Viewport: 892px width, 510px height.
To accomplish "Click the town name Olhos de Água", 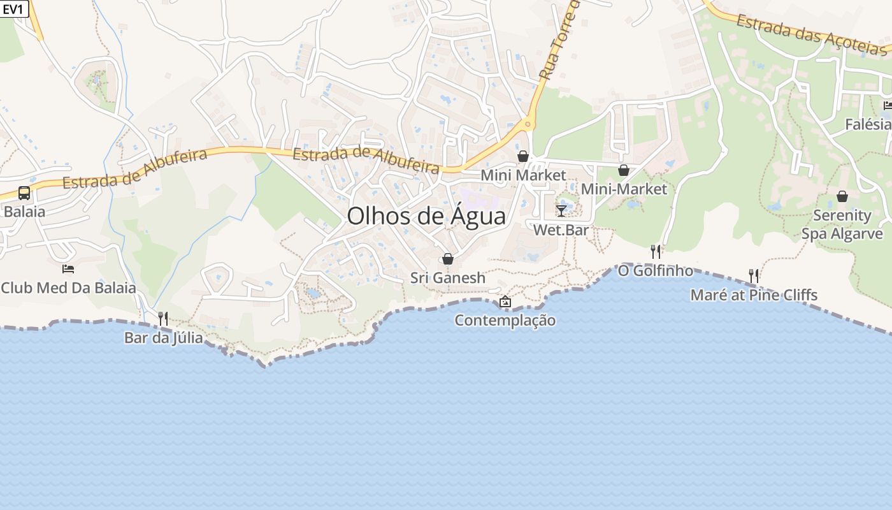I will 426,216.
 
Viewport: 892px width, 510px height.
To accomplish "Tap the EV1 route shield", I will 14,9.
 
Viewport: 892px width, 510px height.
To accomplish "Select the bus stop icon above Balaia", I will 24,193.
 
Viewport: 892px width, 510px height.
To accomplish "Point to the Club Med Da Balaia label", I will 68,288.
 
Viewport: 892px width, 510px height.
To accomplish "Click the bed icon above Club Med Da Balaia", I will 68,269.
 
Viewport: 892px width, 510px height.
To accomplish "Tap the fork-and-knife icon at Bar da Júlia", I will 163,318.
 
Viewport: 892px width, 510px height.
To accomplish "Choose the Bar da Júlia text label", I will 164,337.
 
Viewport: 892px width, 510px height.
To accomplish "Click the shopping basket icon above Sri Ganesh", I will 448,259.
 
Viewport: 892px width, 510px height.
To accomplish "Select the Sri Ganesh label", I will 448,278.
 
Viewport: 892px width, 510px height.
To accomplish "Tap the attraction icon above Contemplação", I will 505,302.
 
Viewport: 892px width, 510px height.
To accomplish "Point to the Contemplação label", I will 505,320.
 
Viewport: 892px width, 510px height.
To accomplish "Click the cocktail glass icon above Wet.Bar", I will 561,210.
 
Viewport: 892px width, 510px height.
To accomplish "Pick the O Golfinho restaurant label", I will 656,271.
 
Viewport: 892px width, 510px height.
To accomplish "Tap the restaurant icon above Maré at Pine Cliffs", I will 754,276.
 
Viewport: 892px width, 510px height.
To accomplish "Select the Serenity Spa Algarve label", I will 842,224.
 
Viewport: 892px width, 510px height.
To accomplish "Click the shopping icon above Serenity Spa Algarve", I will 842,196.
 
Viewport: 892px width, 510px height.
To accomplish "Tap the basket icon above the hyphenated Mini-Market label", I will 624,170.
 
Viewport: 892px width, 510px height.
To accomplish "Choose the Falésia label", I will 868,124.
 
